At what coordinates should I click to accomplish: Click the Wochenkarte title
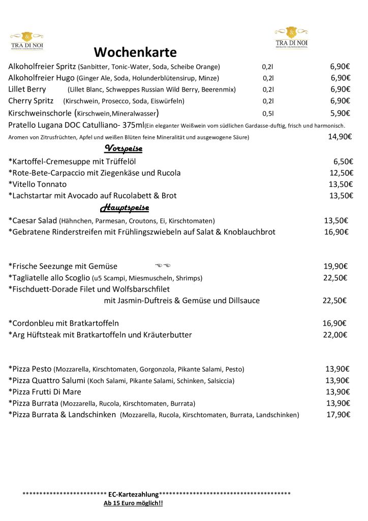click(x=135, y=52)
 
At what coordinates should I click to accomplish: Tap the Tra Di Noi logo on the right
click(x=291, y=37)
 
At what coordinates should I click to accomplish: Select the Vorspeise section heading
click(x=123, y=148)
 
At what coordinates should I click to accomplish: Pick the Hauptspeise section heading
click(x=124, y=208)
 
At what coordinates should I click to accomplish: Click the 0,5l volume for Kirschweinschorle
click(x=268, y=113)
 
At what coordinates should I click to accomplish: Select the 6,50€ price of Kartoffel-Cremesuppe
click(x=343, y=162)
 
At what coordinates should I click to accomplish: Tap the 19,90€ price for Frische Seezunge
click(x=335, y=266)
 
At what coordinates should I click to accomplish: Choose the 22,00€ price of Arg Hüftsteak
click(x=334, y=335)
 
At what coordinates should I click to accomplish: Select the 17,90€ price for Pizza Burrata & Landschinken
click(x=338, y=415)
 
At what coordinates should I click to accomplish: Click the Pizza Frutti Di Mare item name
click(x=46, y=392)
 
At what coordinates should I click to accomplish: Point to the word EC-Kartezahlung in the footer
click(x=133, y=494)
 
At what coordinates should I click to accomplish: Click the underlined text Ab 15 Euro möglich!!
click(x=133, y=503)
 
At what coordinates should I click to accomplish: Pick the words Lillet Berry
click(x=27, y=89)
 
